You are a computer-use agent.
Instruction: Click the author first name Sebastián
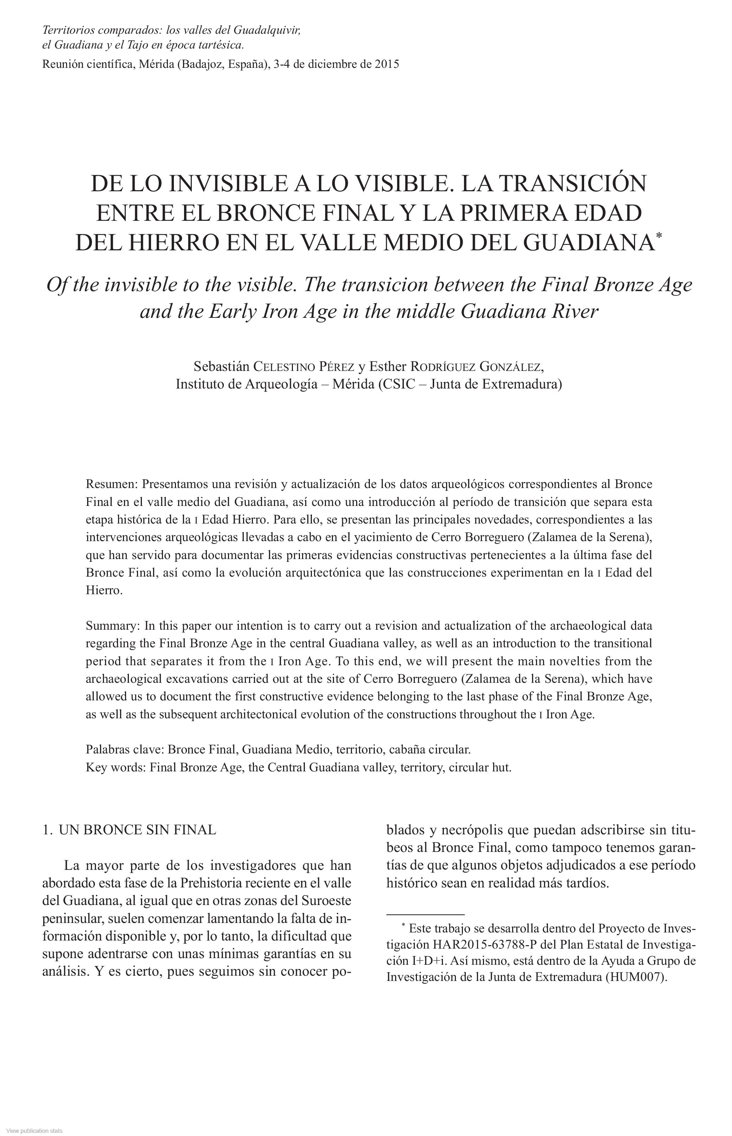tap(221, 367)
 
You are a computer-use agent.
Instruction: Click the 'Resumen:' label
tap(112, 484)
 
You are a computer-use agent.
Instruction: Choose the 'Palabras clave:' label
tap(125, 750)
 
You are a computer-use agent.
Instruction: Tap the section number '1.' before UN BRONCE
tap(47, 830)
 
